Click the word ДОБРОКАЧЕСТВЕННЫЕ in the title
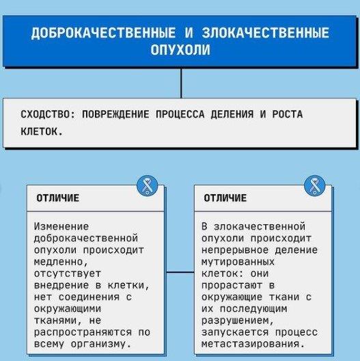103,33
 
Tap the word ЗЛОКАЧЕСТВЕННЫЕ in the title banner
266,33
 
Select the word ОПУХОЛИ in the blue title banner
180,49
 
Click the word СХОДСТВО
46,114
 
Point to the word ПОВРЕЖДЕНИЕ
115,114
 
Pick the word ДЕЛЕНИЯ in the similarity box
232,114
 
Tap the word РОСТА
288,114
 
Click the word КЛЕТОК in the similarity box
39,132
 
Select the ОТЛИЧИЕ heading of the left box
58,198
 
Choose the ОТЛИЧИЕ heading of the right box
225,198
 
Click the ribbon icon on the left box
148,186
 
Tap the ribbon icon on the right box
314,186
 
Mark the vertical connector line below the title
181,83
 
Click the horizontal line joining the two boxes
180,272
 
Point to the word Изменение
61,226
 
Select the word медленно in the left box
59,262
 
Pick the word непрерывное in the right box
235,250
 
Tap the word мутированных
238,262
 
